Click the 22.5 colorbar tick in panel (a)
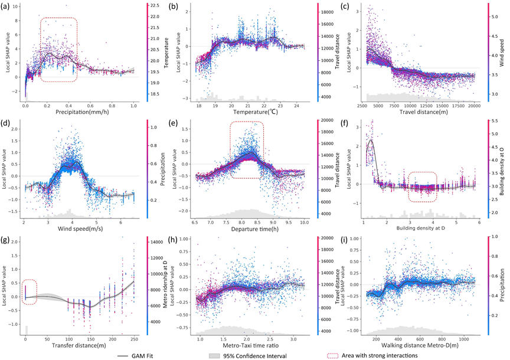coord(156,5)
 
